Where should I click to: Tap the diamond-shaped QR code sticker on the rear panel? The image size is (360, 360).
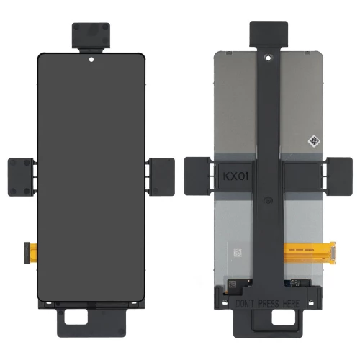click(314, 141)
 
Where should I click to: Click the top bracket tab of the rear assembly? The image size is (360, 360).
click(268, 35)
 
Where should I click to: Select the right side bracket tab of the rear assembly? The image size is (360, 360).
click(338, 176)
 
